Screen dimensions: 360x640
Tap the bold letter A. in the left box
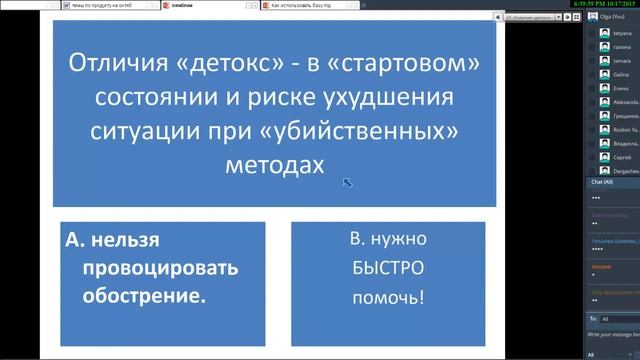coord(73,240)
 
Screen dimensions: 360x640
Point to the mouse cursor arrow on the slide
coord(347,182)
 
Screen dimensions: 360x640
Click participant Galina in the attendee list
coord(621,74)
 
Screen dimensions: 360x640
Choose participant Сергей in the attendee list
coord(621,157)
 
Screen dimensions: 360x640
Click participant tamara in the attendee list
coord(622,60)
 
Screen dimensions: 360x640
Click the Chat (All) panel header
coord(602,182)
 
